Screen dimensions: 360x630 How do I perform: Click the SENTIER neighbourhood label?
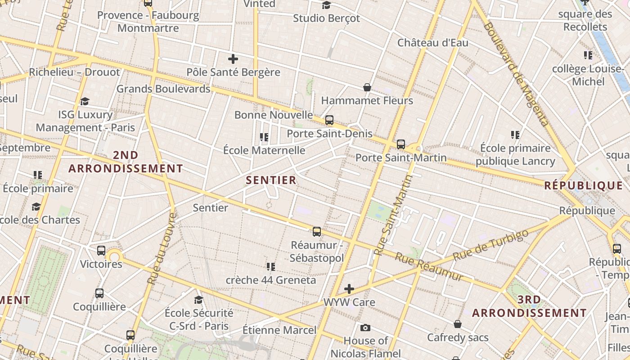[x=271, y=180]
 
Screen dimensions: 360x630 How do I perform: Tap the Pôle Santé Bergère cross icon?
[x=233, y=59]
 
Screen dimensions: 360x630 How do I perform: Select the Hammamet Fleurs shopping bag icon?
[x=367, y=87]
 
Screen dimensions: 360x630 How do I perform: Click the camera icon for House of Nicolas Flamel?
[x=365, y=328]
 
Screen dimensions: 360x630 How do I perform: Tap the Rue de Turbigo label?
[x=490, y=245]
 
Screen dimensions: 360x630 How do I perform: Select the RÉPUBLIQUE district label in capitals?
[x=583, y=185]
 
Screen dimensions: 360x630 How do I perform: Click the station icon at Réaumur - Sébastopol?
[x=317, y=232]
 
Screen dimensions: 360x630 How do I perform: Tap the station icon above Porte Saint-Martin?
[x=400, y=144]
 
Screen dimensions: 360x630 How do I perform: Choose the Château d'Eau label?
[x=432, y=43]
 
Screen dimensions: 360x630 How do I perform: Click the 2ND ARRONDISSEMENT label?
[x=126, y=162]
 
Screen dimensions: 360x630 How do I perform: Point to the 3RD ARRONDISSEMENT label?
[x=529, y=306]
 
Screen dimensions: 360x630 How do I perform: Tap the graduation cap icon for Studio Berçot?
[x=326, y=5]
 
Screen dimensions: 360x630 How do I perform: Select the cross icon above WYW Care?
[x=349, y=289]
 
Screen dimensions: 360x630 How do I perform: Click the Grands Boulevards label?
[x=163, y=89]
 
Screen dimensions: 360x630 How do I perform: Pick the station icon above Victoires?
[x=101, y=251]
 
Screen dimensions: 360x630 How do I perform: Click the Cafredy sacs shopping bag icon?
[x=458, y=324]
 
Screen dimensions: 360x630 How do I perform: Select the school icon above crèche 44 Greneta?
[x=270, y=267]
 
